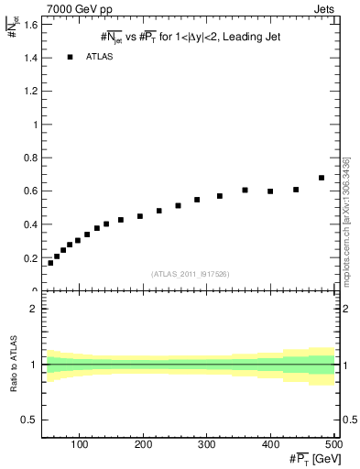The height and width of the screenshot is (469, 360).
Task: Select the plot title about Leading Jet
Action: click(191, 38)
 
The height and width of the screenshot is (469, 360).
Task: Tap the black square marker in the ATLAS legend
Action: click(70, 57)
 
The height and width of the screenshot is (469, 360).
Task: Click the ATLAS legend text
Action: click(99, 57)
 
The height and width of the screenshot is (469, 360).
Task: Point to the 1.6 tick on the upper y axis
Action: click(32, 25)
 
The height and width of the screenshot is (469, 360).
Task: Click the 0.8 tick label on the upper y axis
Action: click(32, 158)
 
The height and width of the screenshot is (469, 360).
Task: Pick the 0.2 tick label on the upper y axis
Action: click(32, 257)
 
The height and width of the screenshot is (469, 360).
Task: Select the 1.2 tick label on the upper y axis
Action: click(32, 92)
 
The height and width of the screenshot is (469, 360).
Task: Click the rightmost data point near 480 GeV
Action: click(322, 178)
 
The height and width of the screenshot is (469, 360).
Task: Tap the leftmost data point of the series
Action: click(50, 263)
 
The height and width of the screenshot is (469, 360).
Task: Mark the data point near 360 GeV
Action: click(245, 190)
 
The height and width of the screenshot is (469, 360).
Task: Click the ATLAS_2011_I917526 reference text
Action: click(191, 275)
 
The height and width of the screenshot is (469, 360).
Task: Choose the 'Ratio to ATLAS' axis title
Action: click(12, 366)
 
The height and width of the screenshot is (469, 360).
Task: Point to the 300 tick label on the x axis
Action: click(206, 445)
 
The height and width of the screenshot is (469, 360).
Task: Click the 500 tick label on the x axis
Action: click(333, 445)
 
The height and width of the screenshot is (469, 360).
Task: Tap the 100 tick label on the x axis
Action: click(80, 445)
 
